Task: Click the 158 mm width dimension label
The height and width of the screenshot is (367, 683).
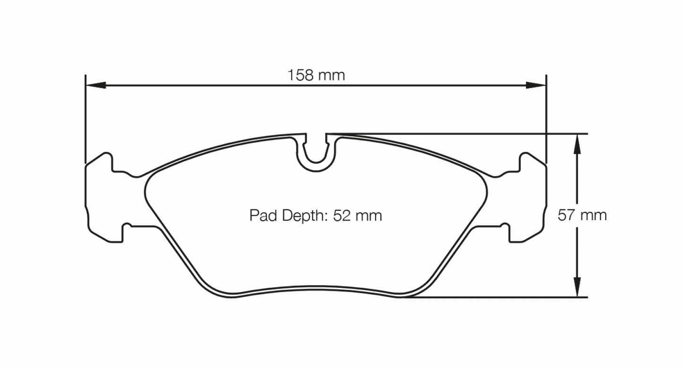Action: click(316, 75)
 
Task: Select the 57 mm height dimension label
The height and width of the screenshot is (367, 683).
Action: click(582, 216)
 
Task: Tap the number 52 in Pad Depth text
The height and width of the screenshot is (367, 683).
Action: click(342, 216)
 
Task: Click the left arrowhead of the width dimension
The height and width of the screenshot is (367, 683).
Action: click(94, 85)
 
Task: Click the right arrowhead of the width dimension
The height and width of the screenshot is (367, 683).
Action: click(537, 85)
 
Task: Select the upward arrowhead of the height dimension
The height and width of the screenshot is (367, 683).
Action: click(577, 143)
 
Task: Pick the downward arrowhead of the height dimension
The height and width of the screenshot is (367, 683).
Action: click(577, 288)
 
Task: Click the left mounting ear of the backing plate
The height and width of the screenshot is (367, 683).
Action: click(100, 198)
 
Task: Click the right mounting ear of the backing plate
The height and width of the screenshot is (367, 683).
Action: click(531, 198)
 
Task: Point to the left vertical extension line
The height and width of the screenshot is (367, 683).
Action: click(85, 118)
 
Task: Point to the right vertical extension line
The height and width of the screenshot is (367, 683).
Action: click(546, 118)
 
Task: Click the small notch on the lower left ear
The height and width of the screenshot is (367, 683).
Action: click(127, 230)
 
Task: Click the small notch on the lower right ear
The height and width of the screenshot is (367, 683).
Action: click(506, 230)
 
